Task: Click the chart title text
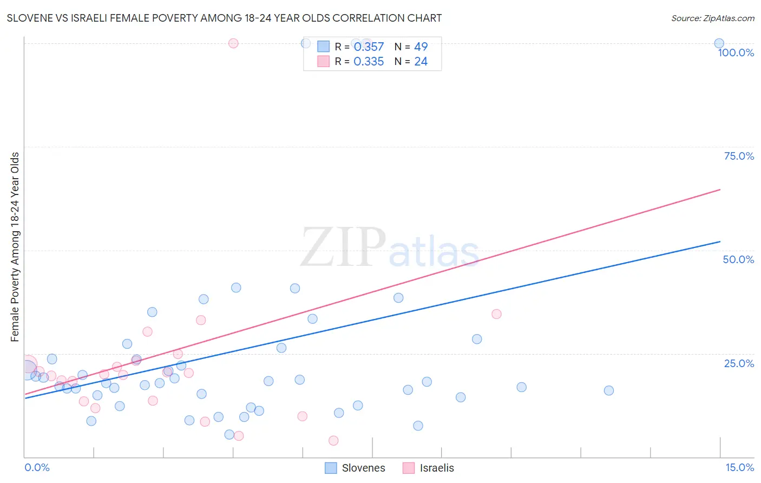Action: pos(224,18)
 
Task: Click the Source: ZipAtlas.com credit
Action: pos(712,18)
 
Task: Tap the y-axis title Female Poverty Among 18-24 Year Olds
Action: pos(15,247)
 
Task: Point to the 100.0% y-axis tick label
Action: pos(736,53)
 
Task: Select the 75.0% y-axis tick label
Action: pos(739,156)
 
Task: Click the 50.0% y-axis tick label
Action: pos(738,259)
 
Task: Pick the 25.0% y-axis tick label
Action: pos(739,363)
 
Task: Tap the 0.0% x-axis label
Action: pos(37,467)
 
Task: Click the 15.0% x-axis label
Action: pos(739,467)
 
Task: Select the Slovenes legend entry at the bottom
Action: pos(355,468)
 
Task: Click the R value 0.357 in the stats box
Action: pos(369,47)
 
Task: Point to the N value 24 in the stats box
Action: pos(421,62)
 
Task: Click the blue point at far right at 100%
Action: pos(719,43)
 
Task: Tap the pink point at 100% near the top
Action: pos(233,43)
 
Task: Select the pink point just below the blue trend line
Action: pos(496,314)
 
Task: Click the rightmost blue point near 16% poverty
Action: pos(608,390)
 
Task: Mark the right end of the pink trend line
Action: pos(720,190)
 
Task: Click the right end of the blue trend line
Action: pos(720,241)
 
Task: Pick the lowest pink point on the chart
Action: pos(333,441)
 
